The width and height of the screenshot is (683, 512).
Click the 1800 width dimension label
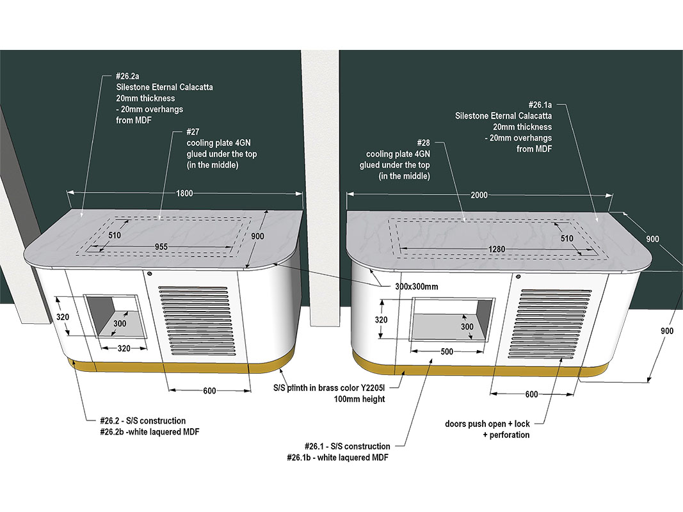(x=184, y=193)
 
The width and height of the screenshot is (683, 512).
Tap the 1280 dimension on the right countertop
(x=488, y=249)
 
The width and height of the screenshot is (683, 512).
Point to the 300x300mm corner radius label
(x=412, y=286)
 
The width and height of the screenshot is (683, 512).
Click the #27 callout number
(x=194, y=132)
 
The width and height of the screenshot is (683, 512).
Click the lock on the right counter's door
(x=517, y=277)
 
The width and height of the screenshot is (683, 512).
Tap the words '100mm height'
(x=360, y=399)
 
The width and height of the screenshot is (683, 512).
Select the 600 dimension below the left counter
(x=209, y=390)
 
